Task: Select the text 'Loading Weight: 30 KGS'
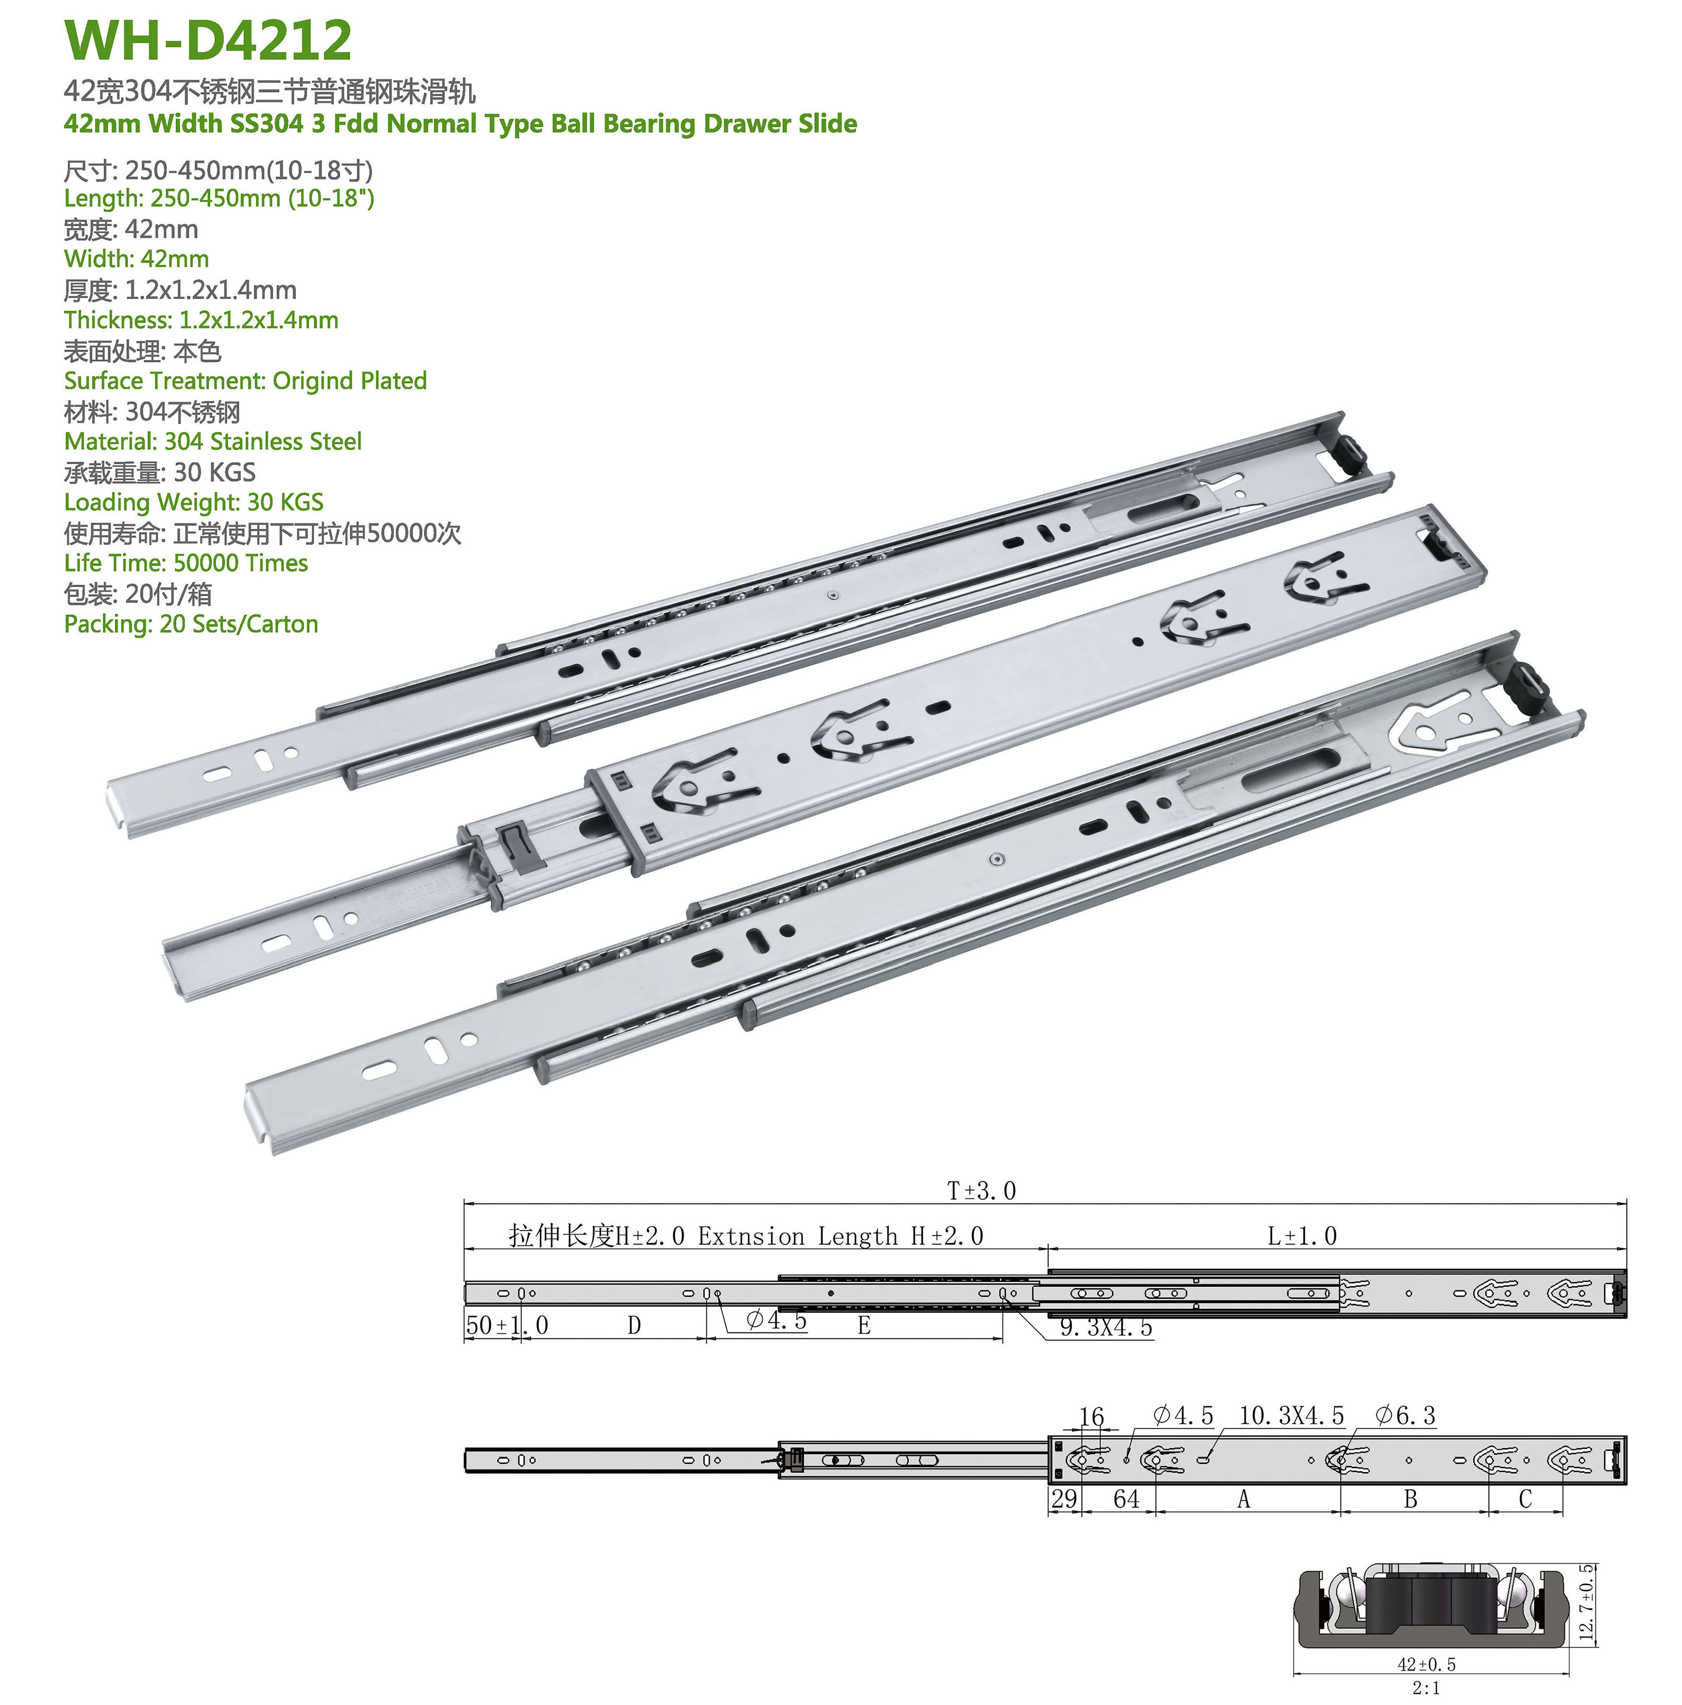[x=193, y=502]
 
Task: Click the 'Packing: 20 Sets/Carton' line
[x=190, y=624]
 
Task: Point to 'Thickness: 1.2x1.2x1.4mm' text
[x=201, y=319]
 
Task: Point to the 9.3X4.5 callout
[x=1106, y=1327]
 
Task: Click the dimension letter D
[x=634, y=1326]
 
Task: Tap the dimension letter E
[x=865, y=1326]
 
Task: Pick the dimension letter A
[x=1244, y=1499]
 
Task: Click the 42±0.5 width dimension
[x=1426, y=1665]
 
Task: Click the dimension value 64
[x=1126, y=1499]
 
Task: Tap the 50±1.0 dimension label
[x=507, y=1326]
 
